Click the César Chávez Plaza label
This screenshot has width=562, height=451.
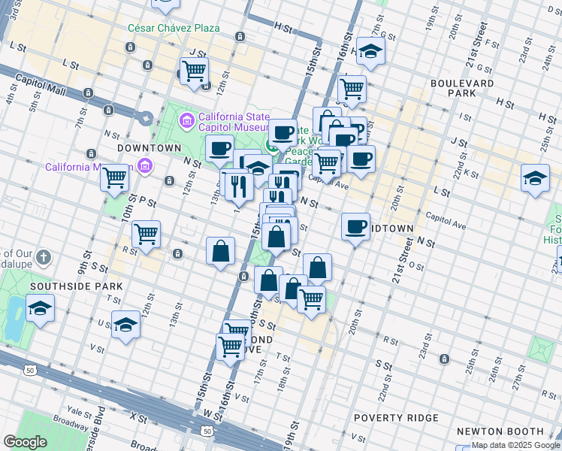[174, 28]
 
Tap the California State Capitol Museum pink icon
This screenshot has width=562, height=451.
[186, 120]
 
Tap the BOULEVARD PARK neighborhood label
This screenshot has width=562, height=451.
[462, 88]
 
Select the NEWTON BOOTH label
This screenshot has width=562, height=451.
[499, 431]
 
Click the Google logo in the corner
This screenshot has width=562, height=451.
[25, 442]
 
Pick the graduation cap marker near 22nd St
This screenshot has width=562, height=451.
[534, 179]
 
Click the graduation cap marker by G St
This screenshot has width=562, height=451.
[370, 50]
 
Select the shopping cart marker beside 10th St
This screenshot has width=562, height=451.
[115, 178]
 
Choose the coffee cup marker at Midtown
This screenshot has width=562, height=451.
[355, 225]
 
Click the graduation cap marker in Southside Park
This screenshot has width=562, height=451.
[40, 308]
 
